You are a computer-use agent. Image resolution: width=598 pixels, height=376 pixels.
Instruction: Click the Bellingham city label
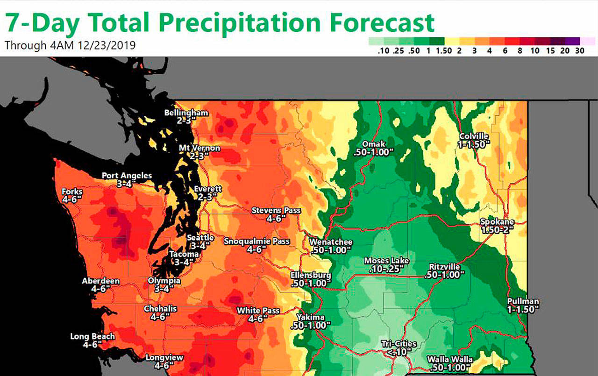[186, 113]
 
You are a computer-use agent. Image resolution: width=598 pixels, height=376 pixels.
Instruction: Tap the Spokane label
[498, 222]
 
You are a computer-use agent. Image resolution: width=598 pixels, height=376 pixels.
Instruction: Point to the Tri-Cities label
[399, 344]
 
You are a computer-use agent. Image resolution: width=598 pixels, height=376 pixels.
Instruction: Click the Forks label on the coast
[72, 192]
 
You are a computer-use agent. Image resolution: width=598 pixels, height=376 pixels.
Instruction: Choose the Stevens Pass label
[276, 211]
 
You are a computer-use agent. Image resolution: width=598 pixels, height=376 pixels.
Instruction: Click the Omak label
[377, 144]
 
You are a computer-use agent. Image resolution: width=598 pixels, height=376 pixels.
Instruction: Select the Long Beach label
[92, 336]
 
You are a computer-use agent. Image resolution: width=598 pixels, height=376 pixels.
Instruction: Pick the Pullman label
[523, 302]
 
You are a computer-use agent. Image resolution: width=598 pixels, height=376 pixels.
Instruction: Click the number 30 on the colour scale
[580, 51]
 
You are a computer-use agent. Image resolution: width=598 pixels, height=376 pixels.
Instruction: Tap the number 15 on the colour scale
[550, 51]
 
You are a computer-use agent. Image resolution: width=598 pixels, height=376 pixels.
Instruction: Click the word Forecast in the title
[377, 22]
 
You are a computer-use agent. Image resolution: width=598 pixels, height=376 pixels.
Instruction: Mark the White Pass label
[258, 311]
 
